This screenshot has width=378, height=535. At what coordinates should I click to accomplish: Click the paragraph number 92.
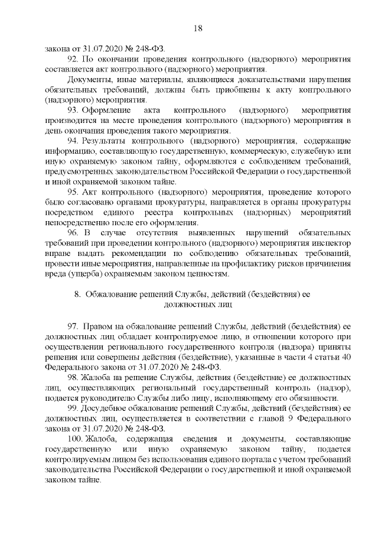click(73, 60)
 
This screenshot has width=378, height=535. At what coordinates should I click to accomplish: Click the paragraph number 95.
click(73, 193)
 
